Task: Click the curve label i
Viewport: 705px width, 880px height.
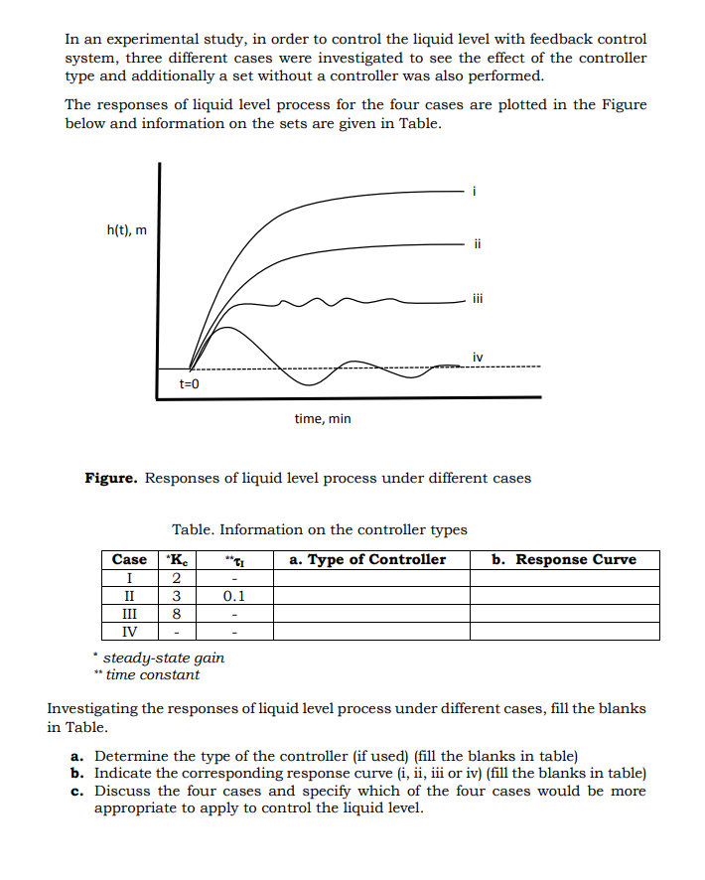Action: [x=476, y=191]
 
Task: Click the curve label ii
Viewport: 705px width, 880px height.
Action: [x=477, y=241]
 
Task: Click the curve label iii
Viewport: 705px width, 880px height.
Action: [x=478, y=296]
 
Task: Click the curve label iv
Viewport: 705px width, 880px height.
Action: [x=479, y=356]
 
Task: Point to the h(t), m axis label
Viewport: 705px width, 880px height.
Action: [x=126, y=230]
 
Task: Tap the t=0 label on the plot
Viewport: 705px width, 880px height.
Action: [x=190, y=382]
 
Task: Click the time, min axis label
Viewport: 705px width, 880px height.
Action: [x=323, y=418]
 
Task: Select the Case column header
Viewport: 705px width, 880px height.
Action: [x=129, y=559]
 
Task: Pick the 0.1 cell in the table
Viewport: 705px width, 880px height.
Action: [x=234, y=596]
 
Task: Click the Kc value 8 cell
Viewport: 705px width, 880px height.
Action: [x=175, y=614]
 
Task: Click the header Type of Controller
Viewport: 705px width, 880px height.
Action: [x=367, y=559]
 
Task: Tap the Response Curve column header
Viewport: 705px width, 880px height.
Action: [x=565, y=559]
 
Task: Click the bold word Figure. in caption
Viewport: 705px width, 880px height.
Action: [x=112, y=478]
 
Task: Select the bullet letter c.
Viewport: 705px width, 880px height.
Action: [x=75, y=791]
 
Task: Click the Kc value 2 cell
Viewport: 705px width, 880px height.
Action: [x=175, y=578]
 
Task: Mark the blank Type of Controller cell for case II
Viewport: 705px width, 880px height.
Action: [x=371, y=596]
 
